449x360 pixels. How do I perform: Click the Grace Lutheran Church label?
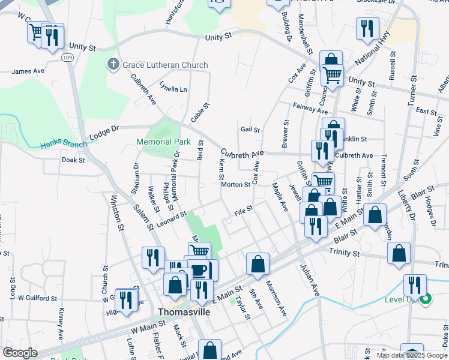point(165,65)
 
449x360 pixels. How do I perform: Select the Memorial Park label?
point(163,142)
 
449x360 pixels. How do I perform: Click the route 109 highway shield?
point(67,57)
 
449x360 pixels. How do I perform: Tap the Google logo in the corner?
point(20,353)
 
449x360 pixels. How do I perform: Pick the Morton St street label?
point(235,185)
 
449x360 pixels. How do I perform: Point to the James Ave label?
point(28,71)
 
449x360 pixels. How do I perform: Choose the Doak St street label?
point(73,160)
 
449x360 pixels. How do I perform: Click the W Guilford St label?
point(37,298)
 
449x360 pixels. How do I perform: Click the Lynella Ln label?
point(173,89)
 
